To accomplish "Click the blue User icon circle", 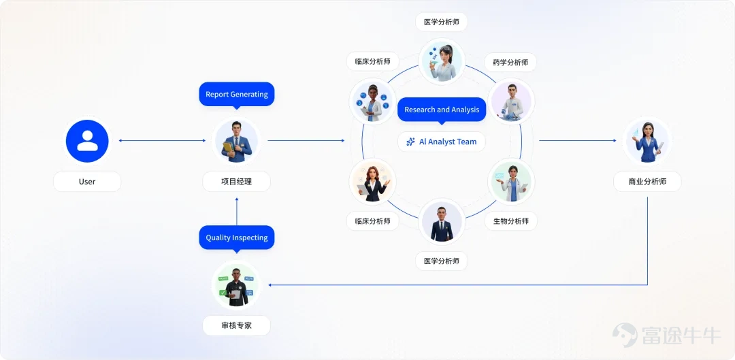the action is (87, 141).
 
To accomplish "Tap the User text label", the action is (87, 182).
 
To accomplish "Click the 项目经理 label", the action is (236, 182).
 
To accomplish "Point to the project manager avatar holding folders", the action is (236, 141).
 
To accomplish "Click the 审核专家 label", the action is (236, 325).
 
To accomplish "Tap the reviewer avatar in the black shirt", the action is (236, 285).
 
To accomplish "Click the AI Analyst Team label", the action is (442, 142).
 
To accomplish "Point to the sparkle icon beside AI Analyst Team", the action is (410, 142).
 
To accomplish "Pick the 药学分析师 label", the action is (510, 63).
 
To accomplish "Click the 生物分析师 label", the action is (511, 220).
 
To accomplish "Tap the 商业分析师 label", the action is (647, 182).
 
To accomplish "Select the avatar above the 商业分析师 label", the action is (647, 141).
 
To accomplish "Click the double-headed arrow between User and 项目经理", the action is (162, 141).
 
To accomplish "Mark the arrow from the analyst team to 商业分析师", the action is (578, 141).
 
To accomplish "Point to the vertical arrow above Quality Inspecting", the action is (237, 211).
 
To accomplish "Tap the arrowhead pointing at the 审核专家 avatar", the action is (270, 285).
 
